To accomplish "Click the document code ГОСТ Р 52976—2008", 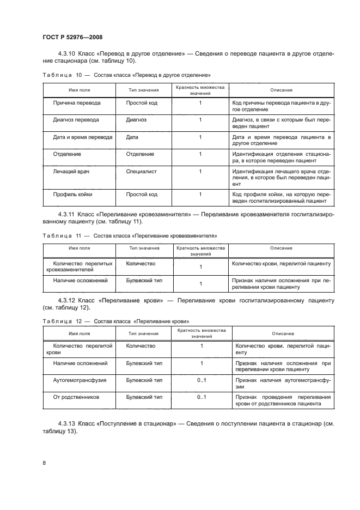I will tap(73, 37).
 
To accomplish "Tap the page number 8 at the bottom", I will tap(45, 463).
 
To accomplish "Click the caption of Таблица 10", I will tap(127, 75).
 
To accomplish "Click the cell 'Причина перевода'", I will tap(77, 102).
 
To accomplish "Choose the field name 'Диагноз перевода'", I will tap(76, 120).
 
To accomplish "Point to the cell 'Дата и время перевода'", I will tap(83, 137).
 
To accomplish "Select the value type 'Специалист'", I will tap(141, 172).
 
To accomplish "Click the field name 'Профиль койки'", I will tap(73, 195).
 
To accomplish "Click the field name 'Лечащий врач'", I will tap(71, 172).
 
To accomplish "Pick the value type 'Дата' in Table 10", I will tap(132, 137).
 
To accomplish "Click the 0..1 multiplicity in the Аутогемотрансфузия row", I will tap(202, 380).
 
